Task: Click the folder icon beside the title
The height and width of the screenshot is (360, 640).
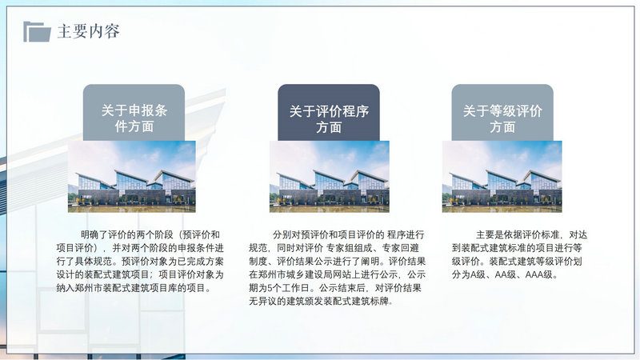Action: (37, 31)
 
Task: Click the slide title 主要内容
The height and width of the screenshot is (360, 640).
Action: (89, 31)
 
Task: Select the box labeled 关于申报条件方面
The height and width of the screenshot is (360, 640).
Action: (134, 113)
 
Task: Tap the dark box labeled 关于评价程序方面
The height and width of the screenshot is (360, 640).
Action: (329, 113)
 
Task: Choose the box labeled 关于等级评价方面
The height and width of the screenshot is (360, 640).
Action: (502, 113)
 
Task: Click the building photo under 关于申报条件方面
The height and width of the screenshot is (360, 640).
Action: (132, 176)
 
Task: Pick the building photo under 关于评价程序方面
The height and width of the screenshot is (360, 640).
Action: (330, 176)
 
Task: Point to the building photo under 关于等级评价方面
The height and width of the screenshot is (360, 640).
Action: (502, 176)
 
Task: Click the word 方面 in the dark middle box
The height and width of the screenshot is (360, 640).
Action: (329, 127)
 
